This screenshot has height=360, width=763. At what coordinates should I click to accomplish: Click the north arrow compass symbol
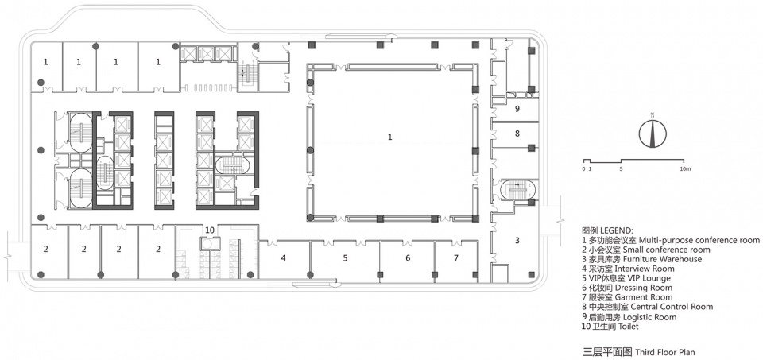(x=653, y=133)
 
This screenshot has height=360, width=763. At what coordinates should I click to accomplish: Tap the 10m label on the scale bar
(x=684, y=168)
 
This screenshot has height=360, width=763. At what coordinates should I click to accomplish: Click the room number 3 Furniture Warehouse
(x=517, y=240)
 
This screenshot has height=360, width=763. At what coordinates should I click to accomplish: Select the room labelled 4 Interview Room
(x=283, y=258)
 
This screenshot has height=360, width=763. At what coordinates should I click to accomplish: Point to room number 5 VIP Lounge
(x=345, y=258)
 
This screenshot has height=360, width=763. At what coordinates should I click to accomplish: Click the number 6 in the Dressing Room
(x=408, y=258)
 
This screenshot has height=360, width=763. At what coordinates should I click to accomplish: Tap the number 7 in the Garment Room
(x=456, y=258)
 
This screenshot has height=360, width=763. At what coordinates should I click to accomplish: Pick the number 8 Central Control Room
(x=517, y=133)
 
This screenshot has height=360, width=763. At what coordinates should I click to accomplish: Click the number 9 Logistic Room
(x=517, y=109)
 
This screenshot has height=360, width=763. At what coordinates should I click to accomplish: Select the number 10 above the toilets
(x=210, y=230)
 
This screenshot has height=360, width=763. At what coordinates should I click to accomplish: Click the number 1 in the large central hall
(x=389, y=137)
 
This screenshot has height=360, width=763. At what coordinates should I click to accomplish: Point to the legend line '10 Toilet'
(x=610, y=327)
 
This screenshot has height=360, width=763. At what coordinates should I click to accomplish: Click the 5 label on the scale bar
(x=621, y=168)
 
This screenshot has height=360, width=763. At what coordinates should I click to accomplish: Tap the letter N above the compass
(x=653, y=115)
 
